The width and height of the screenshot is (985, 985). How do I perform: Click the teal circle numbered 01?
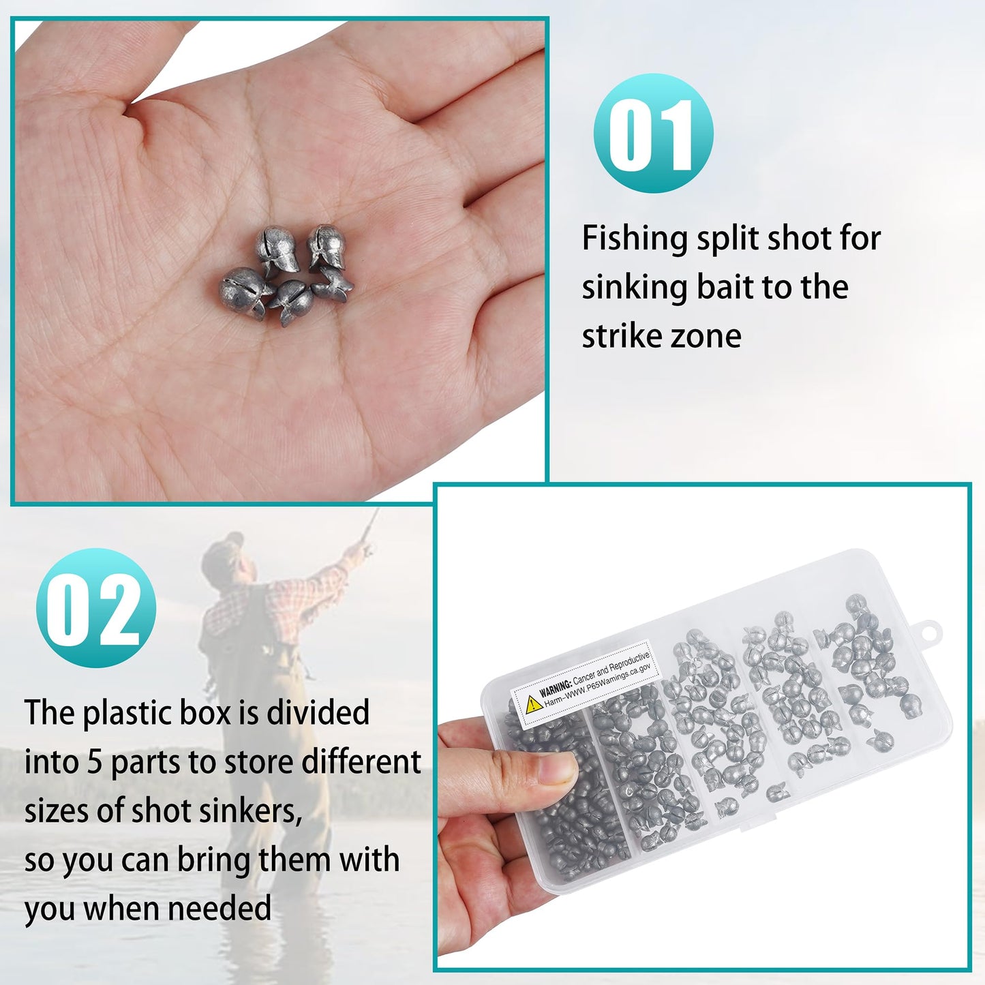point(653,133)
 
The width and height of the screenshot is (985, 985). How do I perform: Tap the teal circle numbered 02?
point(96,608)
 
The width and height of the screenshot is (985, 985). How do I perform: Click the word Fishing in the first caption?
point(635,239)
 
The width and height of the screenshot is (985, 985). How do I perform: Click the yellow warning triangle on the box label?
point(534,704)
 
